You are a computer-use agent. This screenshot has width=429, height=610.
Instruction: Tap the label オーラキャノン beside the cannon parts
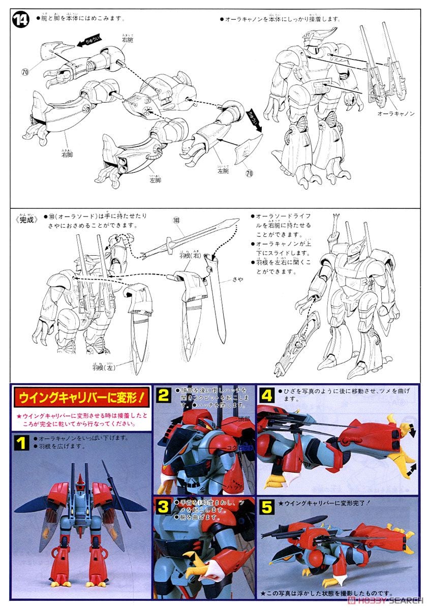[x=396, y=114]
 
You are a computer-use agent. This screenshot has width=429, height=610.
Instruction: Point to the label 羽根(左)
[x=104, y=366]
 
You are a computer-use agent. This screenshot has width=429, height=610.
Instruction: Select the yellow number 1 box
[x=21, y=444]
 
